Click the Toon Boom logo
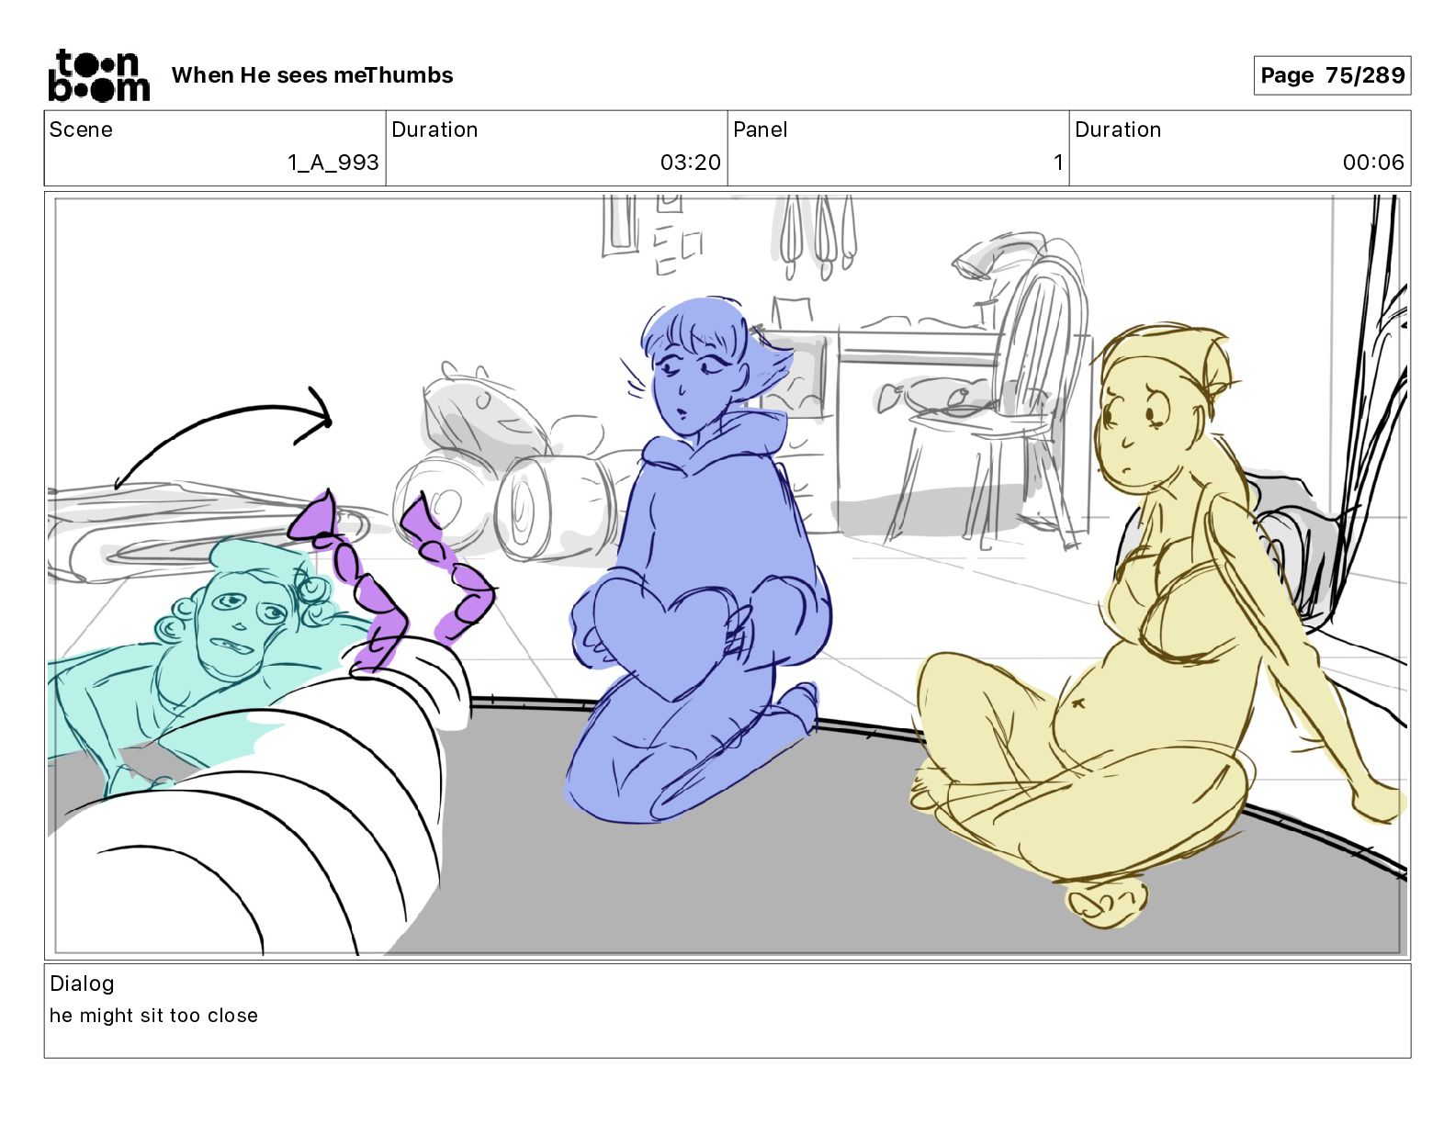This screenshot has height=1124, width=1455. point(99,75)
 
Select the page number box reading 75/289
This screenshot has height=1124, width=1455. point(1332,75)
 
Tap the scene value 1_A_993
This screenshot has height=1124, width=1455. point(333,162)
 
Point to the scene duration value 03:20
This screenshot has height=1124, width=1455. point(690,162)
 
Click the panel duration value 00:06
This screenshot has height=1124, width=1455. point(1372,162)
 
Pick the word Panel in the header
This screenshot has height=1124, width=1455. point(760,129)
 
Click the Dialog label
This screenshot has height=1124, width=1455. point(82,983)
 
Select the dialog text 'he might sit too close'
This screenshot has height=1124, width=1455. point(153,1015)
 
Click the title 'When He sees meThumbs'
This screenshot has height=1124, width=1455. point(312,75)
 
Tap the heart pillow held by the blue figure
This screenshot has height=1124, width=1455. point(670,636)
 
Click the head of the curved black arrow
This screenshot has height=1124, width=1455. point(318,416)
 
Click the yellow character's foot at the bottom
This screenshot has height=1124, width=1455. point(1105,904)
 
